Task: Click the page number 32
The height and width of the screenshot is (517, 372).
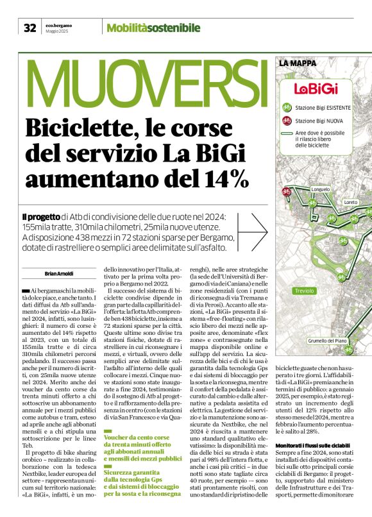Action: pos(30,28)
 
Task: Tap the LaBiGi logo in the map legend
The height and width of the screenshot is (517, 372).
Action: pos(311,89)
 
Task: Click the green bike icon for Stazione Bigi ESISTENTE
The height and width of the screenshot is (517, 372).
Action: pos(287,108)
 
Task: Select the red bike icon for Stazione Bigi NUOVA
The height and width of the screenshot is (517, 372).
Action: pos(287,120)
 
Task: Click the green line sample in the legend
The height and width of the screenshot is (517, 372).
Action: pos(287,133)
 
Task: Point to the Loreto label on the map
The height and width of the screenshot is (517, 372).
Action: pos(351,202)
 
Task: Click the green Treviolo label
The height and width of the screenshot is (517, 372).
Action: pos(304,291)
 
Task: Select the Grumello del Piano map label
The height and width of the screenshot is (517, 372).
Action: pos(327,340)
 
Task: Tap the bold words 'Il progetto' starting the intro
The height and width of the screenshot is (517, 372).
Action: pos(41,217)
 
